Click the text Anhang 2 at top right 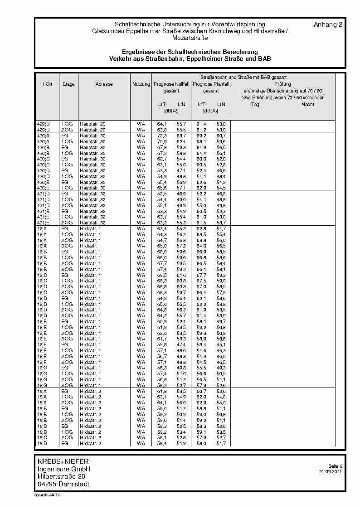pos(328,24)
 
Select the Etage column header pos(68,84)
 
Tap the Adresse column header pos(104,84)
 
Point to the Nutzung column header pos(141,84)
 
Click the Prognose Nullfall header pos(171,84)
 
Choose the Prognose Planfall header pos(211,84)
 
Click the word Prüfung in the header pos(282,84)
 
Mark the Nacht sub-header pos(308,105)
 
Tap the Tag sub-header pos(255,105)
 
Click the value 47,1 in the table pos(181,170)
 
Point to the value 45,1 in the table pos(221,344)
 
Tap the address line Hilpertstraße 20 pos(61,476)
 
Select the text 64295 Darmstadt pos(63,484)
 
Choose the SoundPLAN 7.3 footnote pos(47,495)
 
